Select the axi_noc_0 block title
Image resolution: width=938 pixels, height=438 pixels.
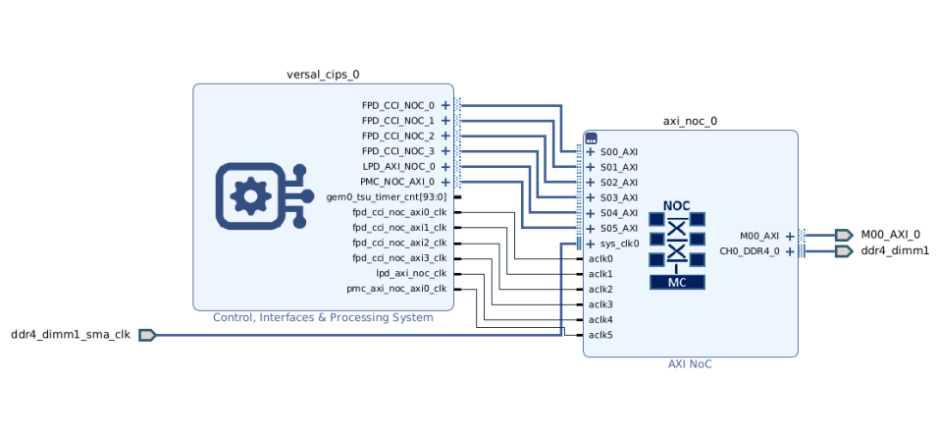point(690,122)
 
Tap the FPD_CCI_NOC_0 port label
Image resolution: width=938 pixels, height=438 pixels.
point(397,105)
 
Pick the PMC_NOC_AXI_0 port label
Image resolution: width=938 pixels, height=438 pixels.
point(397,182)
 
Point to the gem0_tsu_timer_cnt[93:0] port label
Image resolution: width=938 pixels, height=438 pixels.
point(387,197)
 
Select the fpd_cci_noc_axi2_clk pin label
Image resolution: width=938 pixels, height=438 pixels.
point(399,243)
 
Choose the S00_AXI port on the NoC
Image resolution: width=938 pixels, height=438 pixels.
point(619,152)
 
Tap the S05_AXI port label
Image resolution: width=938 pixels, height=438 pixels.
point(619,228)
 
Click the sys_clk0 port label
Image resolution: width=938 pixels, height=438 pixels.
point(619,244)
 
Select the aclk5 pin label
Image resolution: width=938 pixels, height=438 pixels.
point(600,335)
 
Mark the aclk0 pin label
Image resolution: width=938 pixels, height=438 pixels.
point(600,258)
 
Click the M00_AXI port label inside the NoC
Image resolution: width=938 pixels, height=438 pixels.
point(758,236)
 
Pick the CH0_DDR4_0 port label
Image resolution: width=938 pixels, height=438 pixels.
point(750,251)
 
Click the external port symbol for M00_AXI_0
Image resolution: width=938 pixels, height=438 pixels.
point(843,235)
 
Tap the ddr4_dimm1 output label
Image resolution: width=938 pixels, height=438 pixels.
point(895,251)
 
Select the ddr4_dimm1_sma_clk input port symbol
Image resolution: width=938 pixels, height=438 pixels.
point(147,335)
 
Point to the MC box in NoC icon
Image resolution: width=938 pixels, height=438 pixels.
point(676,282)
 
